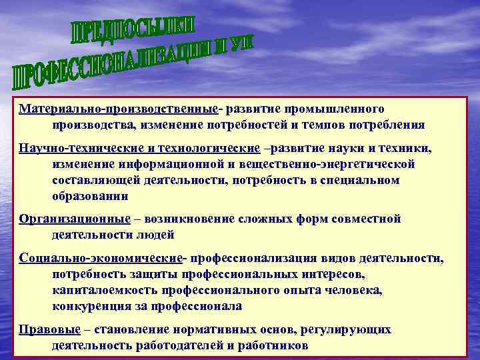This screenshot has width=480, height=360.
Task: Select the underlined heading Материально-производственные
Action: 119,109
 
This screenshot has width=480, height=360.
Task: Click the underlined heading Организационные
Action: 75,219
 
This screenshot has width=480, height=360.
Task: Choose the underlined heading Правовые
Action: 50,329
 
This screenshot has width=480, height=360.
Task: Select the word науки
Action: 349,147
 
